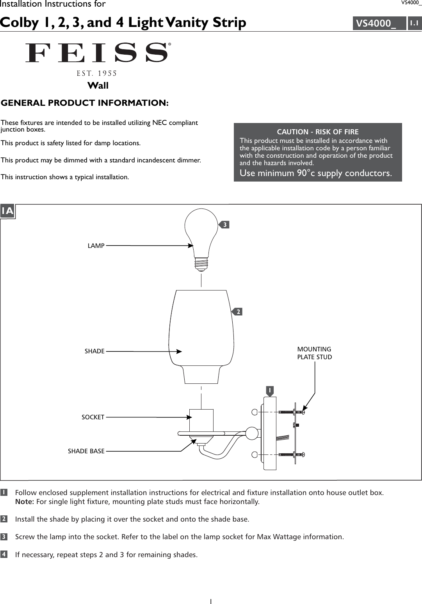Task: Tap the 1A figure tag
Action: (7, 211)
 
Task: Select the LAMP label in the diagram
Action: (96, 246)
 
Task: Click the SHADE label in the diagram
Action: (94, 351)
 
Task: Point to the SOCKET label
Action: (93, 417)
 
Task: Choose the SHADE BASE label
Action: (86, 451)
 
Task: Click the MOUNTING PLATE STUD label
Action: (314, 353)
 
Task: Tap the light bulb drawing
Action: (201, 234)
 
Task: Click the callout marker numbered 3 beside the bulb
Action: (224, 224)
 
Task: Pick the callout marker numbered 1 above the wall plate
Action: (269, 390)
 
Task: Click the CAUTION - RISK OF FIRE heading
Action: (317, 132)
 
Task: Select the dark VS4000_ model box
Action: (379, 23)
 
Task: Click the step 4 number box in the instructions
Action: (4, 554)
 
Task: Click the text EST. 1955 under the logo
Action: (97, 73)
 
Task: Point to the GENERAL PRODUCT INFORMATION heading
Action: (85, 103)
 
